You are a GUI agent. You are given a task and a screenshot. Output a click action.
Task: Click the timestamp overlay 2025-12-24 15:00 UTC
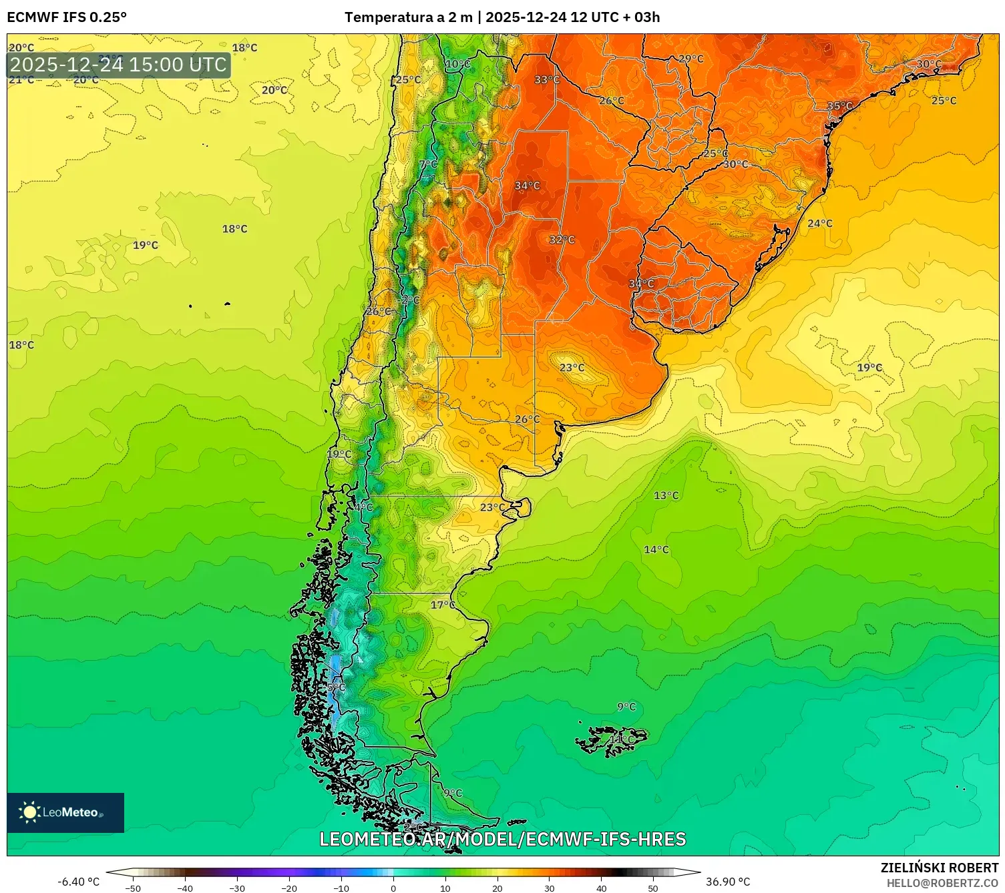[x=118, y=65]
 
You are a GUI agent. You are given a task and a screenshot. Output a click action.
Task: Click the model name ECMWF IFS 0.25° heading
[x=67, y=17]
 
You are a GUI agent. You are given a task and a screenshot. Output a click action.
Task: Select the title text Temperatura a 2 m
[x=408, y=17]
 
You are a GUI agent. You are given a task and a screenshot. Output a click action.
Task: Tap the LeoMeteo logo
[x=65, y=812]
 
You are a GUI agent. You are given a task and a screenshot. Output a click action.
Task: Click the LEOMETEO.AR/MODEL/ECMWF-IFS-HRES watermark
[x=502, y=839]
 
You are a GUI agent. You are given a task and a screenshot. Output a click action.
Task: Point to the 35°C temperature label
[x=839, y=106]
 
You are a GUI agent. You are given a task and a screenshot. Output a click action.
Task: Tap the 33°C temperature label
[x=546, y=80]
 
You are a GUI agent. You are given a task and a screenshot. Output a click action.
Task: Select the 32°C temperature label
[x=562, y=240]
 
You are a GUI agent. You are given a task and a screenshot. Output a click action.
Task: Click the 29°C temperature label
[x=690, y=59]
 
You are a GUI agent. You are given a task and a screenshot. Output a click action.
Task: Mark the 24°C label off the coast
[x=819, y=224]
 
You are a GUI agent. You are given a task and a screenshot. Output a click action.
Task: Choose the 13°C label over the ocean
[x=666, y=495]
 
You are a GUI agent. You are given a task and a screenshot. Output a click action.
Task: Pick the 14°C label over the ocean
[x=656, y=549]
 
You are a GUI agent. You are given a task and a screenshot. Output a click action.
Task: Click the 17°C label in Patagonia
[x=442, y=605]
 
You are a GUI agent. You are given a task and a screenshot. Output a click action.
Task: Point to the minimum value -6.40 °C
[x=78, y=882]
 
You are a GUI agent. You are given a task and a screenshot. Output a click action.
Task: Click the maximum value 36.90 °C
[x=728, y=882]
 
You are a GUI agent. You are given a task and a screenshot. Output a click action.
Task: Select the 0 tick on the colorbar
[x=393, y=888]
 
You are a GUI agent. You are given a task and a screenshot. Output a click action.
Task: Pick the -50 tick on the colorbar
[x=133, y=888]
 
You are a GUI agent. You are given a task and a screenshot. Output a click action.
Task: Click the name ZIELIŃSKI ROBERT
[x=939, y=868]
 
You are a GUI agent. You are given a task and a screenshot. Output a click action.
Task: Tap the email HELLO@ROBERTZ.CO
[x=942, y=883]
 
